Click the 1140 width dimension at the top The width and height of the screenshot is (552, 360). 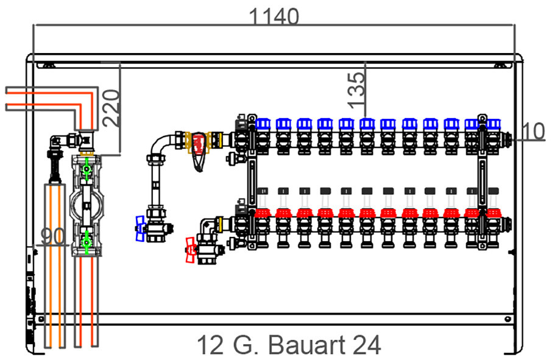point(274,16)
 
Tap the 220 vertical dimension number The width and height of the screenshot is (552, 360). point(111,108)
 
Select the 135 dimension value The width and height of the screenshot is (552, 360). point(356,90)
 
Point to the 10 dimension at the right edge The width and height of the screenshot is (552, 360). point(533,131)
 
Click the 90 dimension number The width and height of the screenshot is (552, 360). point(53,236)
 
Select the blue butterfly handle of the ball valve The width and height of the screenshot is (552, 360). point(140,229)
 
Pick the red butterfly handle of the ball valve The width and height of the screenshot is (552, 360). point(191,250)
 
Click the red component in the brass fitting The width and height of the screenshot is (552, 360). point(199,144)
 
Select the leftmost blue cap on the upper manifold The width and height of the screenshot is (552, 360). point(263,124)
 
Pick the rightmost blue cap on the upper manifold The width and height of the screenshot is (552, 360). point(494,124)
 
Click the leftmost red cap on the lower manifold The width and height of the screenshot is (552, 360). point(263,213)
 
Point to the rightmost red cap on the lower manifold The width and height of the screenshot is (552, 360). point(494,213)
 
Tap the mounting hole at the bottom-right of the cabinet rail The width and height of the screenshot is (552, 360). point(508,319)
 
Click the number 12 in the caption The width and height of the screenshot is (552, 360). point(211,345)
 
